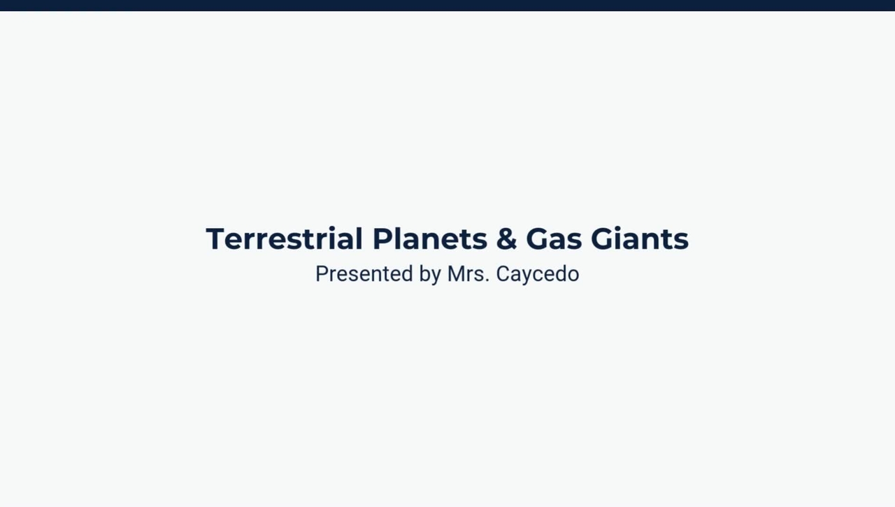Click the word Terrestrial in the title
[284, 239]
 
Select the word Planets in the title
[429, 239]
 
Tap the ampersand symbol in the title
[506, 239]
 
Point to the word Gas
[553, 239]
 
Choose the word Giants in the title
[639, 239]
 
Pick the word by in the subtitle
[430, 274]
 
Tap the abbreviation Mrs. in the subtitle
[468, 274]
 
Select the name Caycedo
[537, 274]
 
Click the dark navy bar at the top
[447, 5]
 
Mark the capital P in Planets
[380, 239]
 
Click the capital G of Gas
[537, 239]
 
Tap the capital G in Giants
[602, 239]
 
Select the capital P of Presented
[321, 274]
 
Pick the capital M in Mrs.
[455, 274]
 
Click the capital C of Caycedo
[503, 274]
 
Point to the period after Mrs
[487, 280]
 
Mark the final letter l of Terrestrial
[359, 239]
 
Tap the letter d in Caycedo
[558, 274]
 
